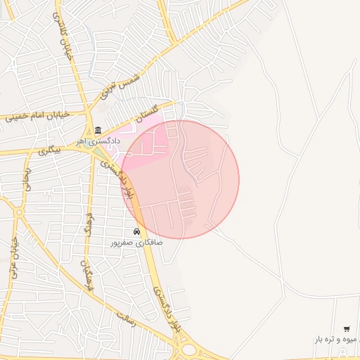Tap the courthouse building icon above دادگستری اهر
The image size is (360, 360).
(x=98, y=130)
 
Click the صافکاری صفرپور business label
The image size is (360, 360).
(x=136, y=243)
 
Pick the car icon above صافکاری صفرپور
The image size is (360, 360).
(x=136, y=231)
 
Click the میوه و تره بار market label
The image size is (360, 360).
(x=337, y=340)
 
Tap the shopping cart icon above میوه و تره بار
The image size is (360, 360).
(x=346, y=328)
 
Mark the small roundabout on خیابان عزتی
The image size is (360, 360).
(x=19, y=212)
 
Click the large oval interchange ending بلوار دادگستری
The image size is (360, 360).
(x=188, y=349)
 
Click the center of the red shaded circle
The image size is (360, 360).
(x=180, y=179)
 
